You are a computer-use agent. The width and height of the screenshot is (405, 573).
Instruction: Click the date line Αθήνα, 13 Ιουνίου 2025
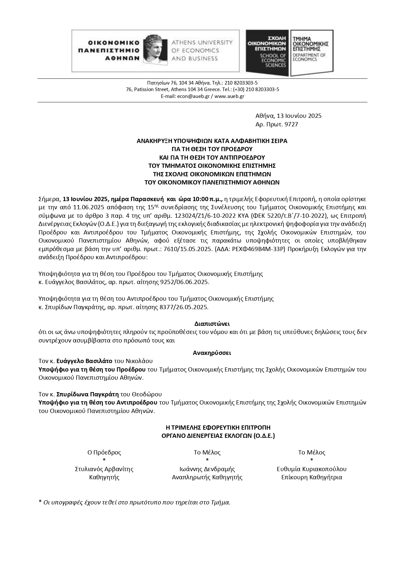288,116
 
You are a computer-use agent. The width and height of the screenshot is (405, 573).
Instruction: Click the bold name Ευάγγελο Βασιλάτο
85,361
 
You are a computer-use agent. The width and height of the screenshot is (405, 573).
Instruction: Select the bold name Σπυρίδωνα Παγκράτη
87,394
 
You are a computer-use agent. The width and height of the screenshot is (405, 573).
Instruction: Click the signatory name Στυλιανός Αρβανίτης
104,469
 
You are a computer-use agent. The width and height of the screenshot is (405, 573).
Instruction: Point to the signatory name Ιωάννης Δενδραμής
207,469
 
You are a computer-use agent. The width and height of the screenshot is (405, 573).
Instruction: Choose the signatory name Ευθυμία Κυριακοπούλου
312,469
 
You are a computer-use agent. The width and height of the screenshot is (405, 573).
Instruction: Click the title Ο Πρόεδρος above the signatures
104,453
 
